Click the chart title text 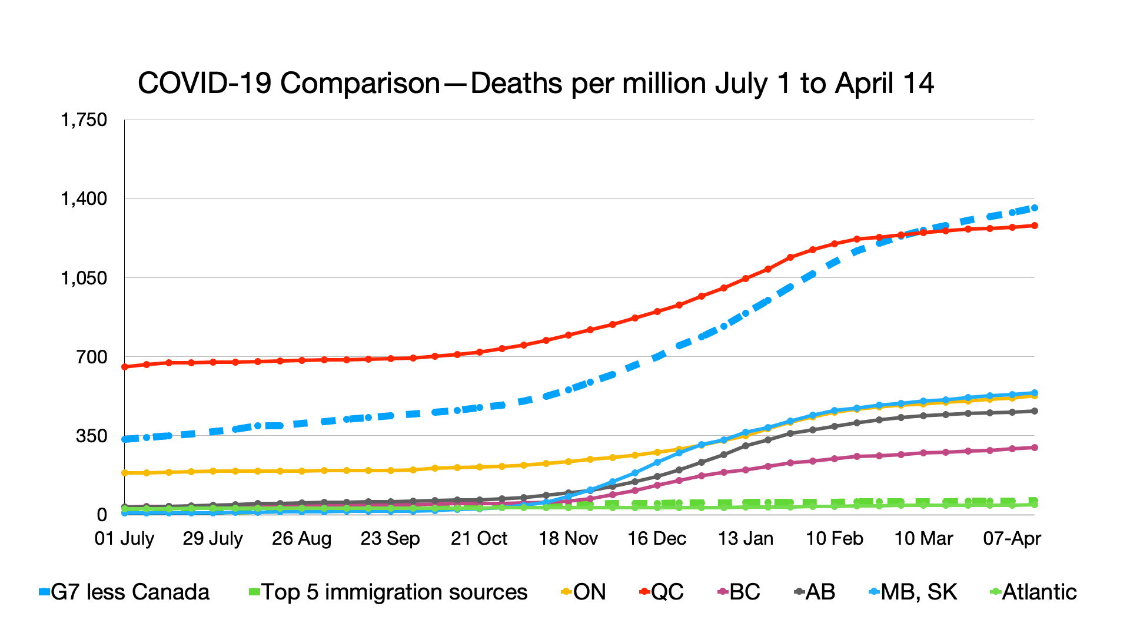[536, 84]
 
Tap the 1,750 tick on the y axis [84, 120]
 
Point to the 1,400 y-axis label [84, 199]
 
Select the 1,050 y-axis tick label [84, 278]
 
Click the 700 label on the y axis [92, 357]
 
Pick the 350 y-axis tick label [92, 436]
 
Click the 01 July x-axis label [124, 538]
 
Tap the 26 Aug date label [302, 538]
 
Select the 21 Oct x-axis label [479, 538]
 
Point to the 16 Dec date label [657, 538]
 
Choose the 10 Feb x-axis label [835, 538]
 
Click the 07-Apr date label [1012, 538]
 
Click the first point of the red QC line [124, 367]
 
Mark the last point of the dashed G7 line [1035, 208]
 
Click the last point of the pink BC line [1035, 448]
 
